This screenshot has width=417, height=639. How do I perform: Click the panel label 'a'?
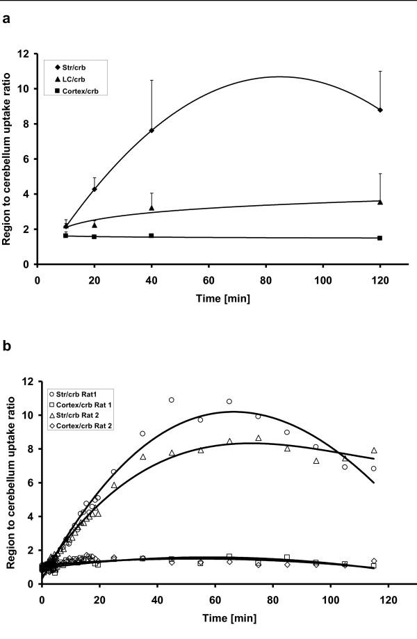(x=6, y=19)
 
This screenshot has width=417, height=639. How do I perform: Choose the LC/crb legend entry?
(x=74, y=79)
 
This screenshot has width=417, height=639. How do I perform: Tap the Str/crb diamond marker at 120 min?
(x=380, y=110)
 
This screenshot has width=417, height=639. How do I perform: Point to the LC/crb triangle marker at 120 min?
(x=380, y=202)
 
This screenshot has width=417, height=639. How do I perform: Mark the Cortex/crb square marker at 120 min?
(x=380, y=238)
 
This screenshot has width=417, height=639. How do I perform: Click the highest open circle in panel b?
(x=171, y=400)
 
